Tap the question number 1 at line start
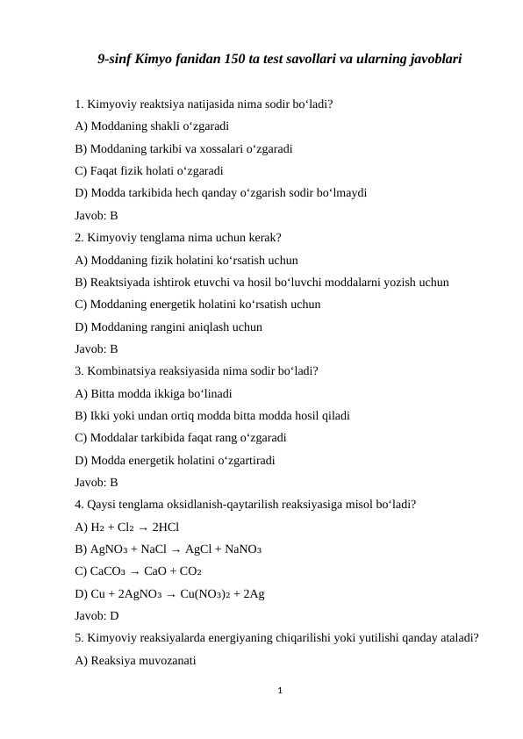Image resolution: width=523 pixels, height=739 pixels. (x=79, y=104)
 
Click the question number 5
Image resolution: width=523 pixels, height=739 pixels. (x=79, y=638)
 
